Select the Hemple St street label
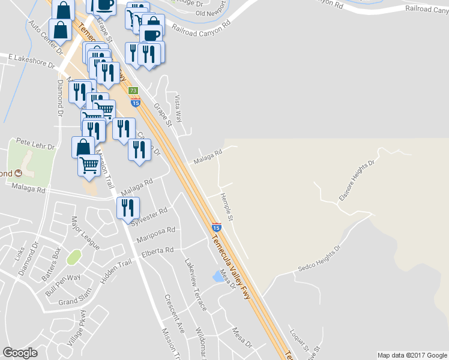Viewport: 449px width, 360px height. coord(226,205)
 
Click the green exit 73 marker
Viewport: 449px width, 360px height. coord(133,90)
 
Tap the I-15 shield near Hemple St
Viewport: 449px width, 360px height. coord(215,227)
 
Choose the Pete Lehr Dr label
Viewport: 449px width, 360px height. coord(35,146)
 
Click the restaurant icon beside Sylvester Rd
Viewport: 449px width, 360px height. coord(128,208)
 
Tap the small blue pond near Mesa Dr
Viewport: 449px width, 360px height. coord(217,277)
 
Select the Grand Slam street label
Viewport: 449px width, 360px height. coord(74,299)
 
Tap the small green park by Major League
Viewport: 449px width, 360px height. coord(74,257)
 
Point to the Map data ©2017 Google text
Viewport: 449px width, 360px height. coord(412,355)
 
